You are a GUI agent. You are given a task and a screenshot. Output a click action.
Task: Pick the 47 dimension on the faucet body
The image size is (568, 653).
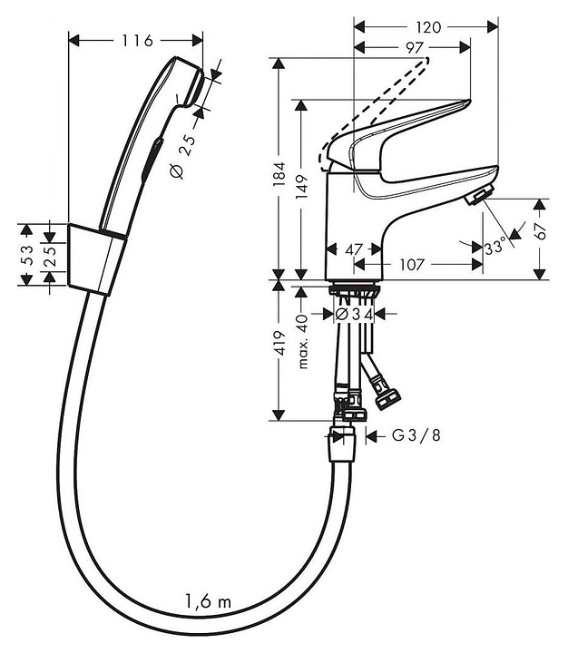pos(355,248)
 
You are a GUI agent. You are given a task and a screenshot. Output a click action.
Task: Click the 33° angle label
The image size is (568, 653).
pos(495,247)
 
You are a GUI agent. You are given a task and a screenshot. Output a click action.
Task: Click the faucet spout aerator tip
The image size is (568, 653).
pos(477,196)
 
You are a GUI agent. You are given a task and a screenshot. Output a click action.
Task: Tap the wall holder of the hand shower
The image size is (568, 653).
pos(93,258)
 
